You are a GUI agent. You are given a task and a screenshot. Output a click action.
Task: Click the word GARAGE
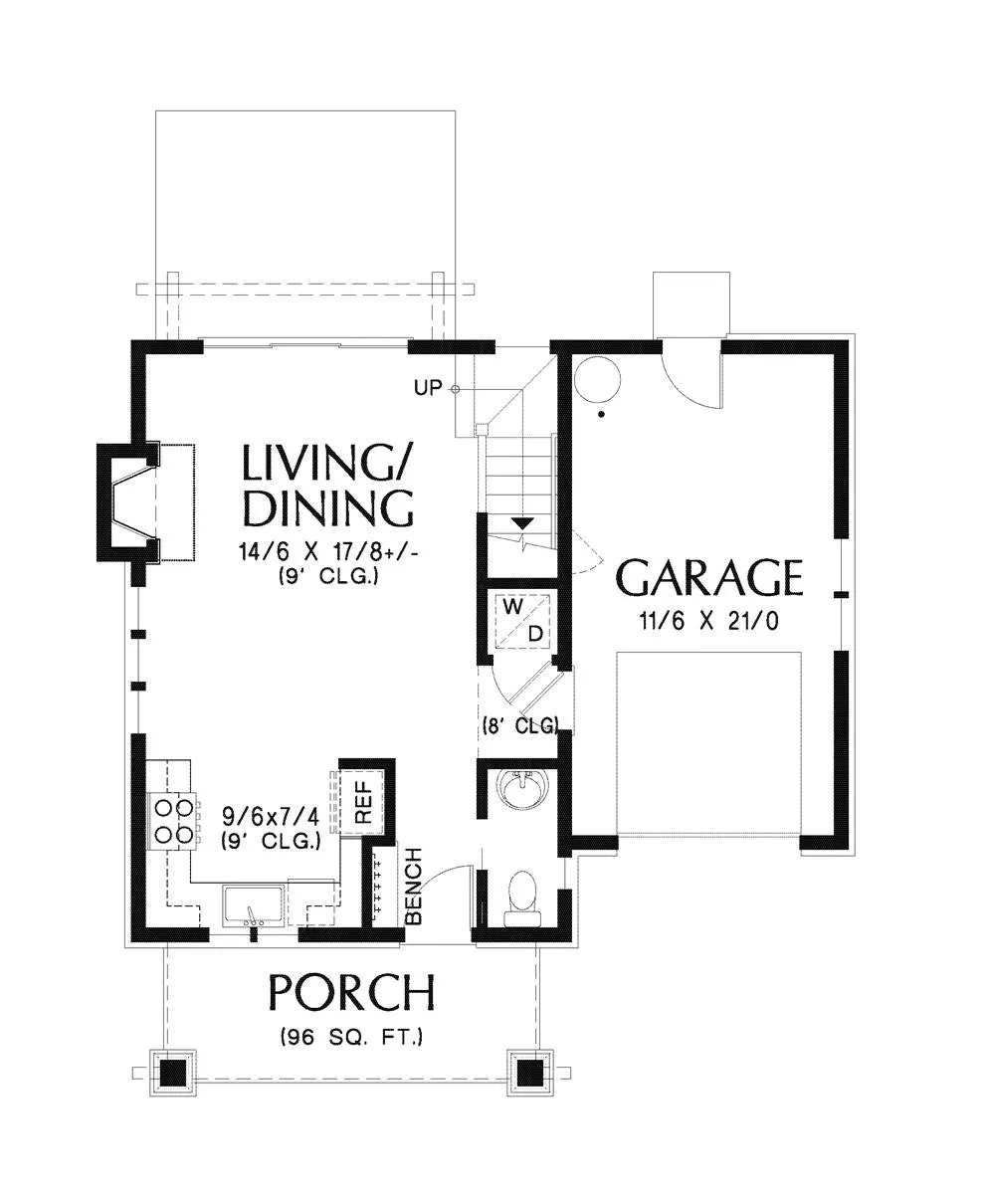[x=709, y=578]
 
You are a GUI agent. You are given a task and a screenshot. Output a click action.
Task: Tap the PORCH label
[x=351, y=993]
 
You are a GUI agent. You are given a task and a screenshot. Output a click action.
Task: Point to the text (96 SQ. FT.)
[x=351, y=1037]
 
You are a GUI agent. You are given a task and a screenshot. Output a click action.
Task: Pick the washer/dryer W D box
[x=522, y=620]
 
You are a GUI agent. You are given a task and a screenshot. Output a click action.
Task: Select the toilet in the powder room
[x=520, y=892]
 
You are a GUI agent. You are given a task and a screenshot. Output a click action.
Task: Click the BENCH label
[x=414, y=886]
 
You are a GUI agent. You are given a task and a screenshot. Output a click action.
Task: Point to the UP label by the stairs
[x=427, y=388]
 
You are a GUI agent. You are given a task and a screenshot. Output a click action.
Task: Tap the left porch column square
[x=173, y=1073]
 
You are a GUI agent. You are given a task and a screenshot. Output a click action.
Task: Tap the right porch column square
[x=530, y=1073]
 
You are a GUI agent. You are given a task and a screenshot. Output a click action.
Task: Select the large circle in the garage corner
[x=597, y=379]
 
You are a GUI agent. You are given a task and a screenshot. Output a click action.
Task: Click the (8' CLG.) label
[x=519, y=724]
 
